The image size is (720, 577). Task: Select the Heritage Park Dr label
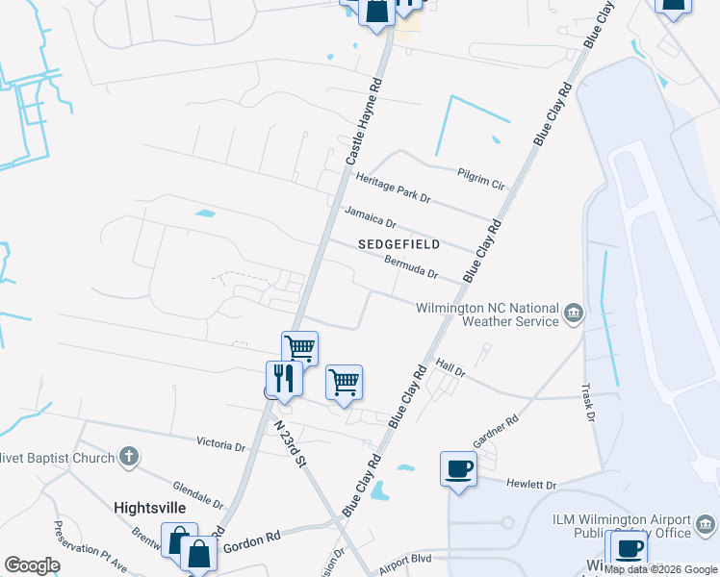coord(393,188)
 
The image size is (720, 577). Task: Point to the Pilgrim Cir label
coord(480,177)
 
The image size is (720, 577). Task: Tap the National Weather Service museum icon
coord(574,312)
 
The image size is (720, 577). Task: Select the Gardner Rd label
coord(496,432)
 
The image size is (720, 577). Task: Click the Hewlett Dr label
coord(537,486)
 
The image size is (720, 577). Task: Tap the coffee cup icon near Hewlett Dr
coord(457,469)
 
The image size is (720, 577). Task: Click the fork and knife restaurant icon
coord(284,377)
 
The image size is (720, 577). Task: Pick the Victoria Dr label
coord(220,445)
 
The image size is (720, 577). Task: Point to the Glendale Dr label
coord(198,495)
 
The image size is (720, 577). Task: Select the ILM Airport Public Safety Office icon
coord(706,525)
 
